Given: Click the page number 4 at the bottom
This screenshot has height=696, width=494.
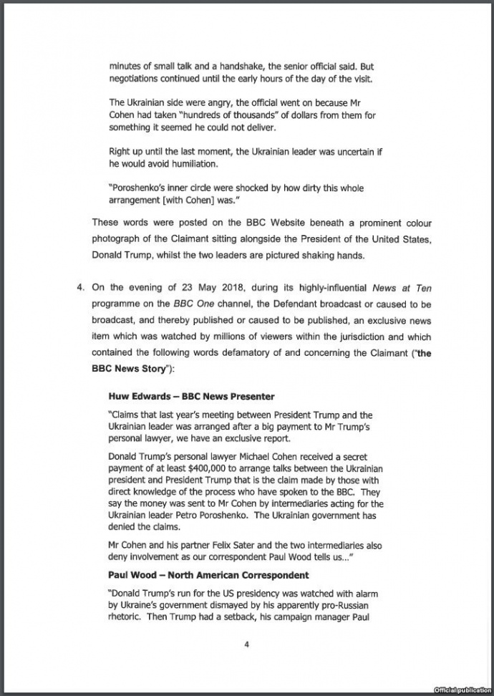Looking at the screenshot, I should click(246, 644).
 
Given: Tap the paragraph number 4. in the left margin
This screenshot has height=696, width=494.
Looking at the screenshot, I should click(81, 287).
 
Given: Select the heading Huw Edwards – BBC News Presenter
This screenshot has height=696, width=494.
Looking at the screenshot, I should click(191, 396).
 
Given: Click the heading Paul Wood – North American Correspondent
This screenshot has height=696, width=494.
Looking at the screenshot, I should click(208, 575).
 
